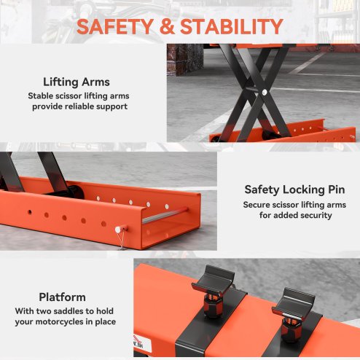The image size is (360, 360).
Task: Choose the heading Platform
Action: pos(62,297)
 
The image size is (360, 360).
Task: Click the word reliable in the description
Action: pos(82,106)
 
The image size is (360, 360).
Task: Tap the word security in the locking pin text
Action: pos(321,217)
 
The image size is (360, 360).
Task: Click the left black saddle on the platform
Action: pos(216,281)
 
